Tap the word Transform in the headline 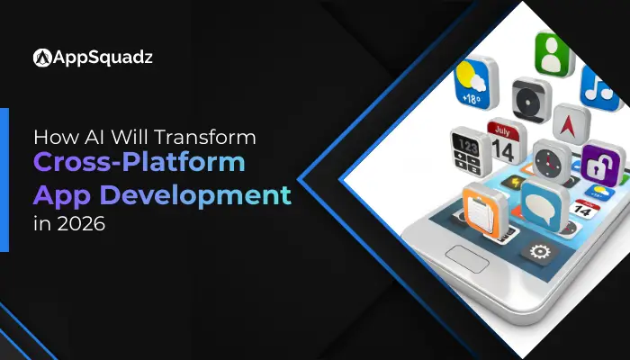[213, 139]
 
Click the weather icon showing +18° [474, 81]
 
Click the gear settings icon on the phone [541, 251]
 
